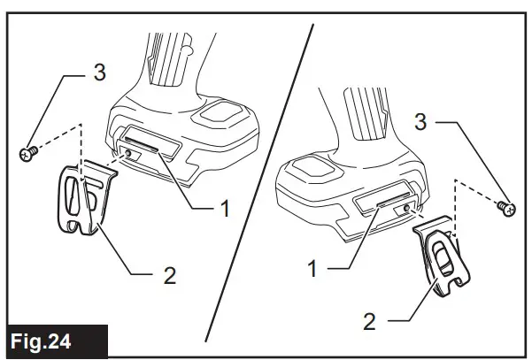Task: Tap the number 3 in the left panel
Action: tap(99, 72)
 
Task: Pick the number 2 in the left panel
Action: tap(169, 276)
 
